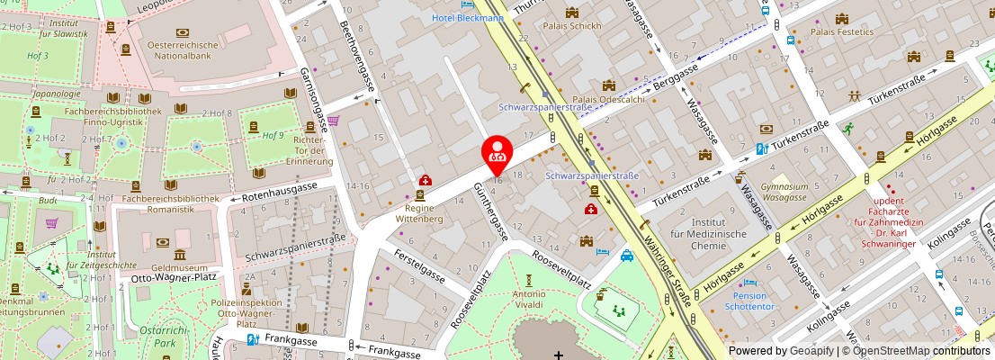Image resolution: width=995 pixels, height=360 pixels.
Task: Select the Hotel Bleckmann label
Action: tap(467, 17)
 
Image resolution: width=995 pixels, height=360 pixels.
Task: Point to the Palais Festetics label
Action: tap(842, 31)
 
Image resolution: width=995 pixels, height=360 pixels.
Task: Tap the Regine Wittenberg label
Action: tap(420, 212)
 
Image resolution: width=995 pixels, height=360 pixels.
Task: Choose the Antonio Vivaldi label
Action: tap(529, 299)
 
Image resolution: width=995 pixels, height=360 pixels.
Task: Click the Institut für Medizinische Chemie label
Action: tap(720, 234)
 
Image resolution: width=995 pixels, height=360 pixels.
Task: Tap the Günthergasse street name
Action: tap(491, 211)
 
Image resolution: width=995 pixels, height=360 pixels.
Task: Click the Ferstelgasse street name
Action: tap(419, 266)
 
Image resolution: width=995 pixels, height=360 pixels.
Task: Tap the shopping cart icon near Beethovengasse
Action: tap(334, 121)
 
